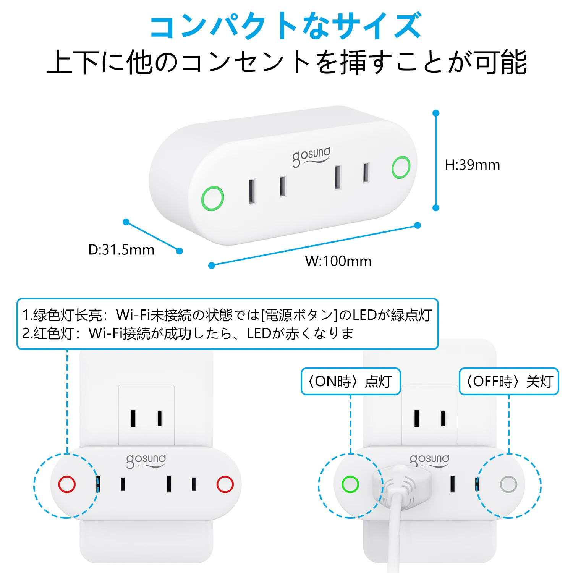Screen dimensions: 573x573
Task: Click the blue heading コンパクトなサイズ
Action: [x=286, y=26]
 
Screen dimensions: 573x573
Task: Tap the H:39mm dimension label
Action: [x=472, y=165]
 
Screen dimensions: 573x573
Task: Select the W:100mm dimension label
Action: [x=338, y=261]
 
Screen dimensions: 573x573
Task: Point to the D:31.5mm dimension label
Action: [x=121, y=250]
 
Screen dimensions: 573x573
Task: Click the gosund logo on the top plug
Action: [x=311, y=156]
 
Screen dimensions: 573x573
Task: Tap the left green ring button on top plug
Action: [x=212, y=198]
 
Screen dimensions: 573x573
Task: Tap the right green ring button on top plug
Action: [x=401, y=167]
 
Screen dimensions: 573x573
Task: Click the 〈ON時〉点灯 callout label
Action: [x=350, y=381]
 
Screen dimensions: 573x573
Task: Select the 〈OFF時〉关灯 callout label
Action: [x=509, y=381]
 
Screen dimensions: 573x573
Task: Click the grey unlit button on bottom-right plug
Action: [x=508, y=484]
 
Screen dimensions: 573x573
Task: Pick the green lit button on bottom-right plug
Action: [x=350, y=484]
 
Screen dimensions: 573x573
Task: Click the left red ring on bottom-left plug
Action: [x=67, y=484]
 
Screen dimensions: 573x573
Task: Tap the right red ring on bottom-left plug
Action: [x=225, y=484]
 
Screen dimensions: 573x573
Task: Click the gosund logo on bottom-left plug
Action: [x=146, y=460]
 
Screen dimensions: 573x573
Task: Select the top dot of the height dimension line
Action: [x=436, y=113]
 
